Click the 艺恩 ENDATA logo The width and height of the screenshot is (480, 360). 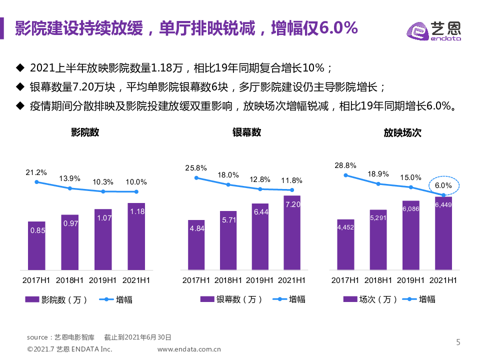point(433,31)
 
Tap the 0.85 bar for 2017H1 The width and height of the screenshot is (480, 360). point(36,246)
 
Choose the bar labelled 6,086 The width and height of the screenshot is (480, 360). point(411,235)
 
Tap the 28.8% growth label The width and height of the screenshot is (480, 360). point(346,165)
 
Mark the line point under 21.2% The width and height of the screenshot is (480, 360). point(36,182)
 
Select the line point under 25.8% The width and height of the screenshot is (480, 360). point(196,177)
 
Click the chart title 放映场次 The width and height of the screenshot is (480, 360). point(402,132)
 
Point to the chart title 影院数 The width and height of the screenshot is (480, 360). point(85,132)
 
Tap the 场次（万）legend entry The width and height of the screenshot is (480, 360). point(370,299)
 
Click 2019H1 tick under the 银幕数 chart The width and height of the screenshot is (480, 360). point(260,280)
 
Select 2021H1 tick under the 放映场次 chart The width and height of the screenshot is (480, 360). point(444,280)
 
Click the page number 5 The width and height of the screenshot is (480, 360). point(458,342)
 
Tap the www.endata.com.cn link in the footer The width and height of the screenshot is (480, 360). point(189,349)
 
